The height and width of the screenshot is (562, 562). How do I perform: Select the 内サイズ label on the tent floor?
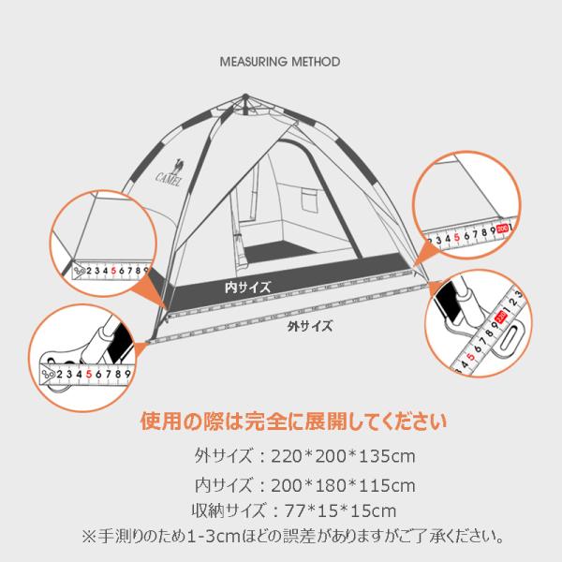[247, 287]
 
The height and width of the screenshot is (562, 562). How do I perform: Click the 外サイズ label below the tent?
[309, 328]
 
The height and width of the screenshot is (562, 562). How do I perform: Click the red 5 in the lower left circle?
[90, 374]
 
